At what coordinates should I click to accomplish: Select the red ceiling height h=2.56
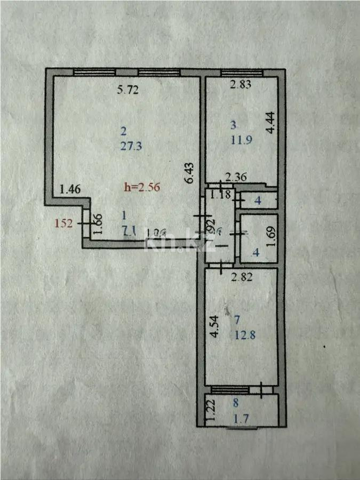(x=142, y=187)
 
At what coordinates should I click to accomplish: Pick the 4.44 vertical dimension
(x=270, y=123)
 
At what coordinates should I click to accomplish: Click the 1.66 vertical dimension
(x=98, y=226)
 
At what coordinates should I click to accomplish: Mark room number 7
(x=237, y=320)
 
